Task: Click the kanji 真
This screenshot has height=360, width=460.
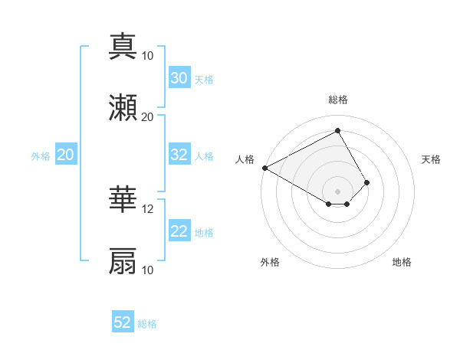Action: pyautogui.click(x=123, y=45)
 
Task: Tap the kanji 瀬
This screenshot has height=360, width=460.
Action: pyautogui.click(x=123, y=107)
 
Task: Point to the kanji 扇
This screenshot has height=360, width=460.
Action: pyautogui.click(x=123, y=260)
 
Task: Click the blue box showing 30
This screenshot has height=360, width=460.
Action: pyautogui.click(x=179, y=78)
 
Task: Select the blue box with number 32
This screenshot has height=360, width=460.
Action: pyautogui.click(x=179, y=155)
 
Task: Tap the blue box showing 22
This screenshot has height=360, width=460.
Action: pyautogui.click(x=179, y=231)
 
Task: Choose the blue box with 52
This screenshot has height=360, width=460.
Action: pyautogui.click(x=123, y=322)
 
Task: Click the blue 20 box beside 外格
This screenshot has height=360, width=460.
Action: pyautogui.click(x=65, y=155)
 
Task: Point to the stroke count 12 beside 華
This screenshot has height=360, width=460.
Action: pyautogui.click(x=148, y=209)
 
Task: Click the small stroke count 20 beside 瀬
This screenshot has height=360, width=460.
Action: pyautogui.click(x=148, y=117)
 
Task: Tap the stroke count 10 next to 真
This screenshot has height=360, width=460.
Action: pyautogui.click(x=148, y=56)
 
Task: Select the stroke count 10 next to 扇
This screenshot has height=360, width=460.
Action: pyautogui.click(x=148, y=270)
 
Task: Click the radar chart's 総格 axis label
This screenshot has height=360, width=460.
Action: pyautogui.click(x=338, y=100)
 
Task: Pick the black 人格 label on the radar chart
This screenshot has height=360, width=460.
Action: pyautogui.click(x=245, y=159)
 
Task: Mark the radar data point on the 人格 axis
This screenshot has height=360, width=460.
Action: pyautogui.click(x=264, y=168)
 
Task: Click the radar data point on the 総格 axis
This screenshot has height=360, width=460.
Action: pyautogui.click(x=338, y=130)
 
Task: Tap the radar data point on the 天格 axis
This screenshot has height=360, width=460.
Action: pyautogui.click(x=367, y=182)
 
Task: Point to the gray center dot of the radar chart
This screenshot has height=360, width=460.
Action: pyautogui.click(x=338, y=191)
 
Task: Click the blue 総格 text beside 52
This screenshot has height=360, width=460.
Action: pyautogui.click(x=147, y=324)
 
